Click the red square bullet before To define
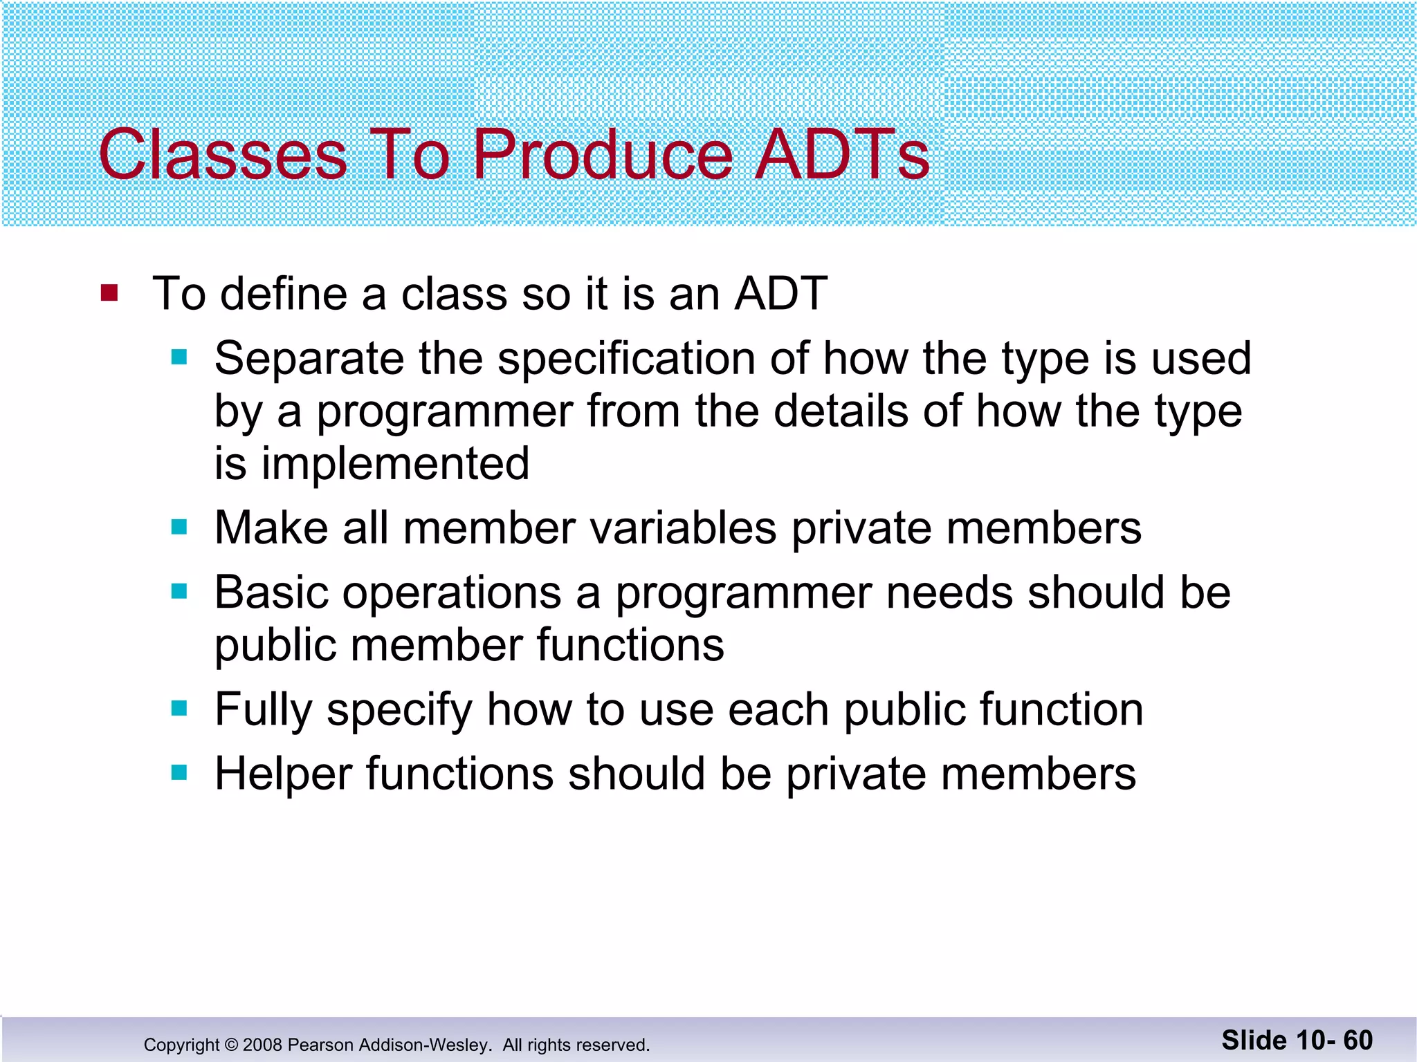pos(109,292)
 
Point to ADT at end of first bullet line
pos(780,293)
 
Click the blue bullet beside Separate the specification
pos(179,357)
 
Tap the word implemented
pos(395,463)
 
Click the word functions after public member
pos(630,645)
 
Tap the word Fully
pos(263,710)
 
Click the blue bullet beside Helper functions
pos(179,772)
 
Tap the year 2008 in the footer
pos(262,1045)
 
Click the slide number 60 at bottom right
pos(1358,1041)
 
